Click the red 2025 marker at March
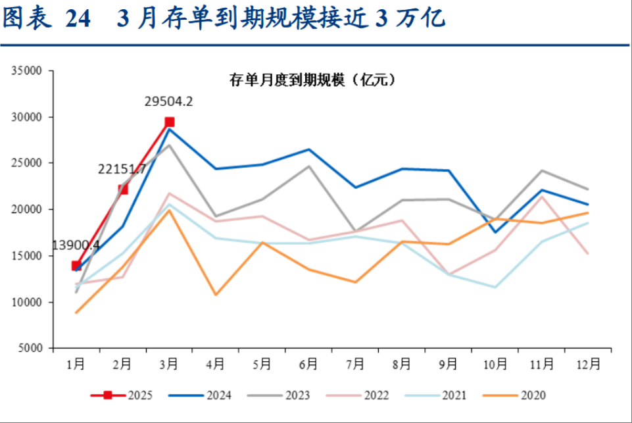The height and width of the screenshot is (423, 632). (x=169, y=122)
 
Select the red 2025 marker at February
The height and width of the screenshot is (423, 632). (x=123, y=189)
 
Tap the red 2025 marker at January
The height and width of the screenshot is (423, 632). (x=76, y=266)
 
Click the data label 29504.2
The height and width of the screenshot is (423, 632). (x=168, y=102)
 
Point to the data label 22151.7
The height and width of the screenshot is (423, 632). (x=122, y=170)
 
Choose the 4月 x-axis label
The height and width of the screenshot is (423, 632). (x=216, y=364)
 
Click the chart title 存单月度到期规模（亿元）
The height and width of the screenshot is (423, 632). (x=311, y=80)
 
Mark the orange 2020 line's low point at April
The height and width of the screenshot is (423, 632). (x=216, y=294)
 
